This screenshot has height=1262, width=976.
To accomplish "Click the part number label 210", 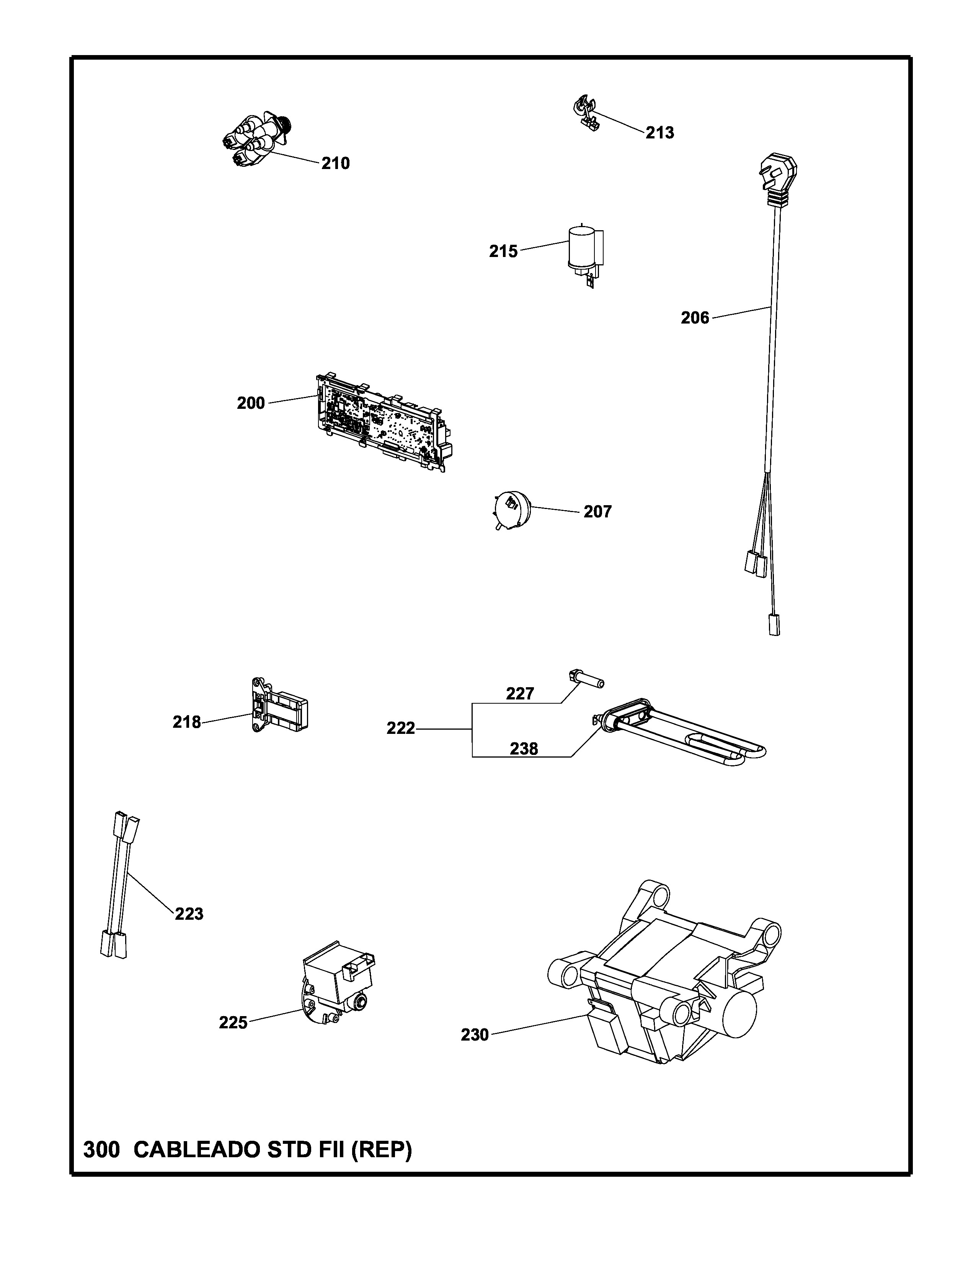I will [x=335, y=164].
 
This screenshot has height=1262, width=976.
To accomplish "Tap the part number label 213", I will [x=660, y=133].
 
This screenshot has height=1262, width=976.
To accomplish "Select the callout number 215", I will [x=503, y=251].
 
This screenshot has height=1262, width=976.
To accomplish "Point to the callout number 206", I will [x=694, y=318].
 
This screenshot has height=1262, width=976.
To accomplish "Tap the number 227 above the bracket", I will [x=520, y=693].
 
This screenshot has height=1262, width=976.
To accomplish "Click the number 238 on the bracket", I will [x=524, y=749].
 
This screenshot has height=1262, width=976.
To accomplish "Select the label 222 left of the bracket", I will [x=401, y=729].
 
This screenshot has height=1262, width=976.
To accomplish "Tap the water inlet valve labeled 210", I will [x=257, y=139].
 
